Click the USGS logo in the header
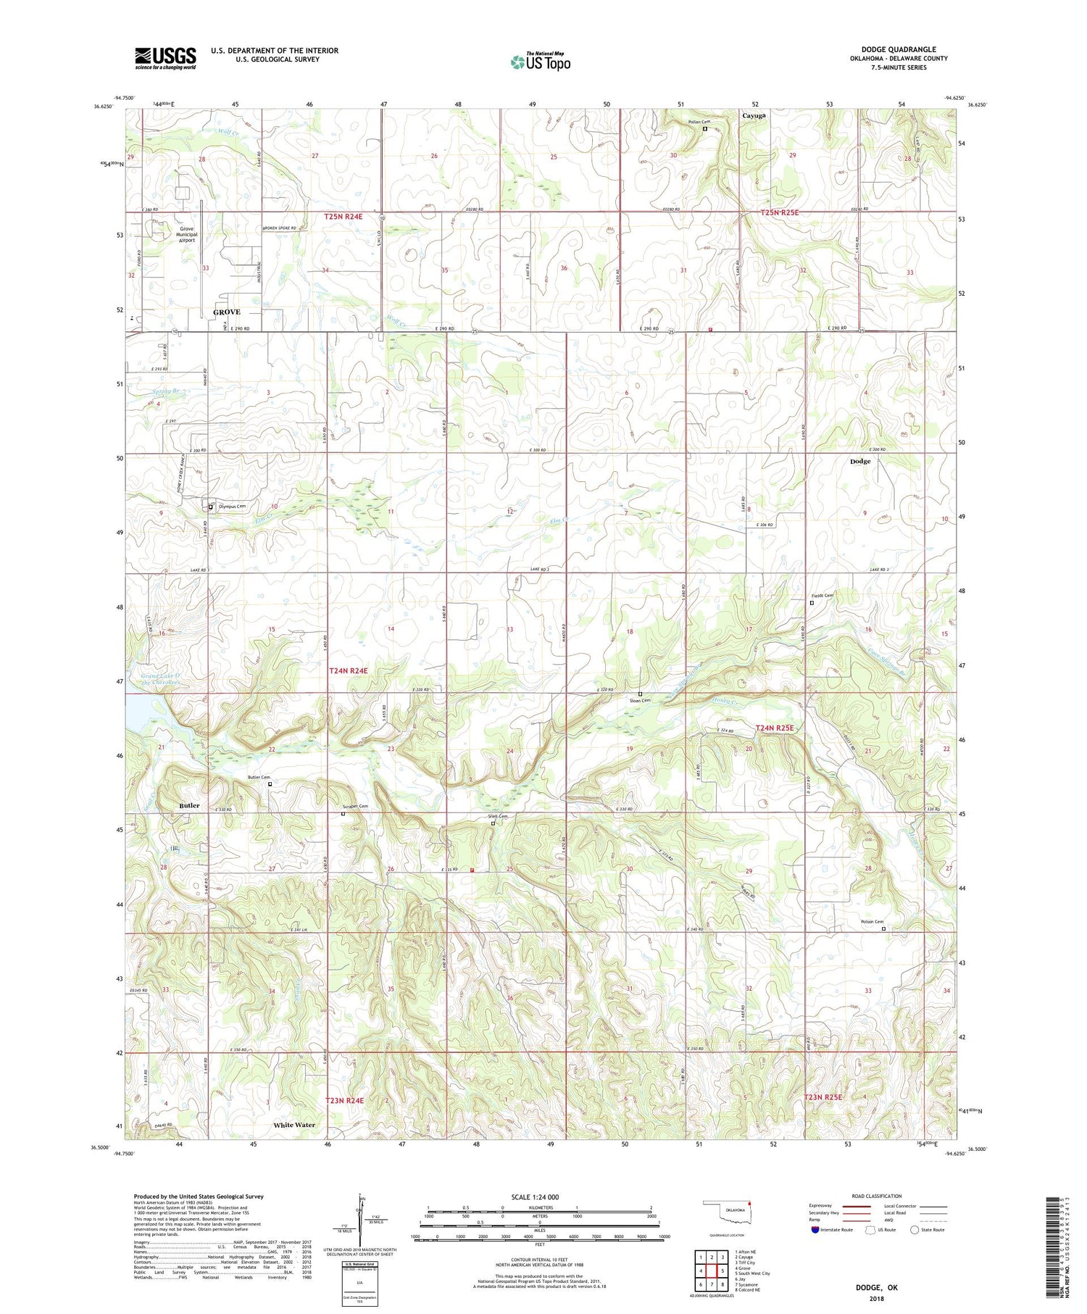point(165,58)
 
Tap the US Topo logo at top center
point(540,62)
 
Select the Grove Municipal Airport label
point(187,234)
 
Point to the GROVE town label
point(227,312)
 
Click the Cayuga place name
point(754,115)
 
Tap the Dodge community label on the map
point(860,461)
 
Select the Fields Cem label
point(822,596)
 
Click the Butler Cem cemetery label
point(259,777)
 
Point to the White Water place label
point(294,1125)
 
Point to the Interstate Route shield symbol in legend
point(815,1230)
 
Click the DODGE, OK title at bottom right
point(876,1288)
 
